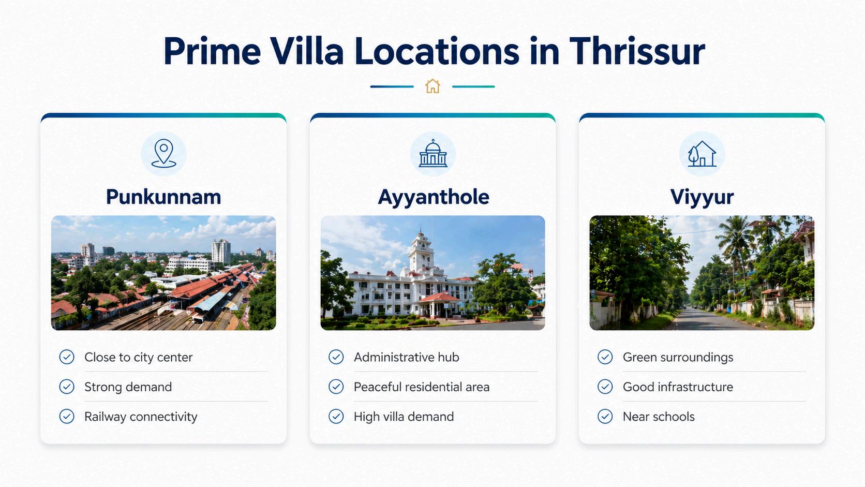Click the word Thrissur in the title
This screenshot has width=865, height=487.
click(637, 51)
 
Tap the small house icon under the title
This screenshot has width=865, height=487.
click(433, 86)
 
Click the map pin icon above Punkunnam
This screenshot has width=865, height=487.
click(163, 154)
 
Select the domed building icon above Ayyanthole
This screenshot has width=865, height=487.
click(433, 153)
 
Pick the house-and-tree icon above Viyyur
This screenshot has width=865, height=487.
click(702, 154)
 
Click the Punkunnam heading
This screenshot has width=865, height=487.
click(163, 197)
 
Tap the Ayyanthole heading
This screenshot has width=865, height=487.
click(433, 198)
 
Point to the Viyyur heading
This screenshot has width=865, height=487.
click(702, 198)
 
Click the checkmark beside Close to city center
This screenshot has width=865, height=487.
click(67, 357)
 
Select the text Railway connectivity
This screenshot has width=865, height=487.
click(141, 417)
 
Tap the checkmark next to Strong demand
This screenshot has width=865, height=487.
click(67, 387)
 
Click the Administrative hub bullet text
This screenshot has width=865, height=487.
click(406, 357)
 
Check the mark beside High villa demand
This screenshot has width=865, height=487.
click(336, 416)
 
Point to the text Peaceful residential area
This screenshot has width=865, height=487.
click(421, 387)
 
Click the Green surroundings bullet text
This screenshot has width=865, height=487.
click(678, 358)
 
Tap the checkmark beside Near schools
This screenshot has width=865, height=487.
click(605, 416)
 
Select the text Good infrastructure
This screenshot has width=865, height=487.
click(678, 387)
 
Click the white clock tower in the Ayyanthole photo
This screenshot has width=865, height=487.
click(421, 251)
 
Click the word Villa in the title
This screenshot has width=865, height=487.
click(306, 51)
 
